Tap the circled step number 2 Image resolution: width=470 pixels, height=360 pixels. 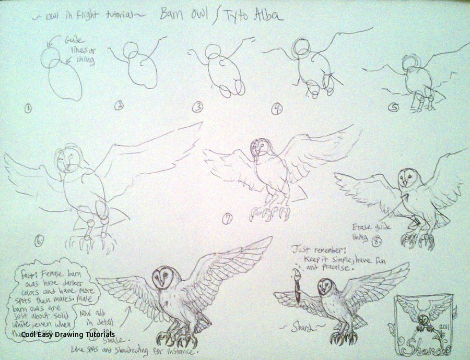(120, 106)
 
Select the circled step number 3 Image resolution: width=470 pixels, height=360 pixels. (197, 108)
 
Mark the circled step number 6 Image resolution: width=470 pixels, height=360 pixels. (39, 241)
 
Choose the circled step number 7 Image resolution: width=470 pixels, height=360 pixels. (227, 220)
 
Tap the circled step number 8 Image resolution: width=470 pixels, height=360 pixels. (378, 241)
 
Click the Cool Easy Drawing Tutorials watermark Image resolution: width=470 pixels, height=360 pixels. (65, 334)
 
